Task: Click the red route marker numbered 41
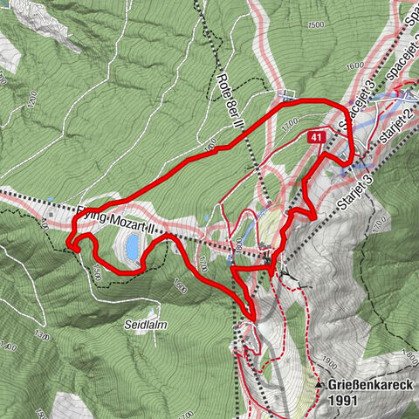click(x=318, y=136)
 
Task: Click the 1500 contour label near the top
click(x=316, y=25)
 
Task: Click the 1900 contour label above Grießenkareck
click(x=328, y=360)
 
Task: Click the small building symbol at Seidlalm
click(x=155, y=309)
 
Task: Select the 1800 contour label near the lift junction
click(x=237, y=247)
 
